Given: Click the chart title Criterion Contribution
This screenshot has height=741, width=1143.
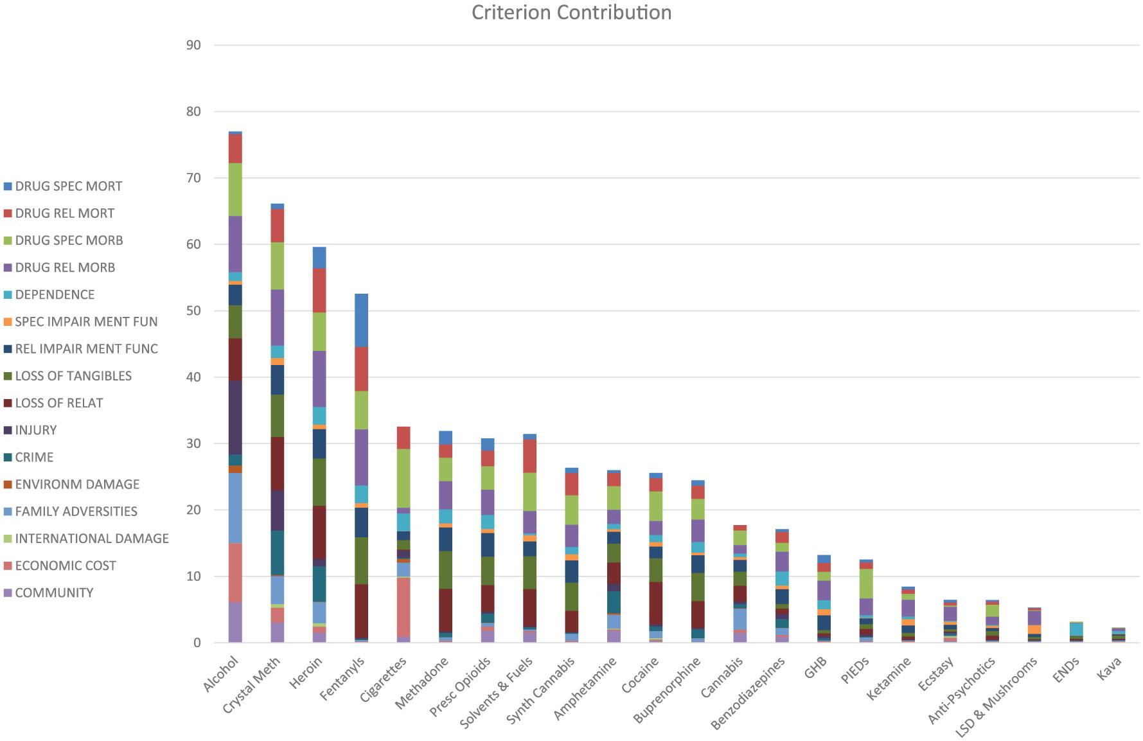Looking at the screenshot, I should point(571,13).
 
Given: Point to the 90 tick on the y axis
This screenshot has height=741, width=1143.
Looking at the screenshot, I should point(193,46).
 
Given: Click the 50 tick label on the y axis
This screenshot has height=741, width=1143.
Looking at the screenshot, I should point(193,311).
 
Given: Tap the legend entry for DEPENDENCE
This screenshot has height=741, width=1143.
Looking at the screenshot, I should point(55,295).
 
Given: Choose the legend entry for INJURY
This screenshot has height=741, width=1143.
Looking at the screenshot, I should point(36,431).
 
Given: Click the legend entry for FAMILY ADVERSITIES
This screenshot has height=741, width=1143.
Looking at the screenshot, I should point(76,512).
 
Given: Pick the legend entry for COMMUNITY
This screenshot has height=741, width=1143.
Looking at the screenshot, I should point(54,593).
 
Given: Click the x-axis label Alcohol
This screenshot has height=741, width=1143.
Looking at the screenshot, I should point(221,674).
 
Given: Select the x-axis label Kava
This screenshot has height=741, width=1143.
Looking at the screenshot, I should point(1109,670).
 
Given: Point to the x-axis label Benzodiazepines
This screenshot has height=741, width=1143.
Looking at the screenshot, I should point(749,694).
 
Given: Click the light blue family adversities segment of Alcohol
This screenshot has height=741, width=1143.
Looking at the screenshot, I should point(235,508).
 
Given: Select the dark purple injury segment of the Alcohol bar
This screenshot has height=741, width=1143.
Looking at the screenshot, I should point(235,417).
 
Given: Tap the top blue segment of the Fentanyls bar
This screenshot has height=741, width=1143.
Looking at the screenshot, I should point(361,320).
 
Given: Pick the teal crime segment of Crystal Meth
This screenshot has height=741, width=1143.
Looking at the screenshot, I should point(278,552).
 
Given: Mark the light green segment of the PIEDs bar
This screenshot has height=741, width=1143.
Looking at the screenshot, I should point(865,584).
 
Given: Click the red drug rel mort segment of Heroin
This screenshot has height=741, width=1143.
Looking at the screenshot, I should point(319,290).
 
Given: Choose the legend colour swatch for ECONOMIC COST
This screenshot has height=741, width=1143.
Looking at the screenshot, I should point(8,566).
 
